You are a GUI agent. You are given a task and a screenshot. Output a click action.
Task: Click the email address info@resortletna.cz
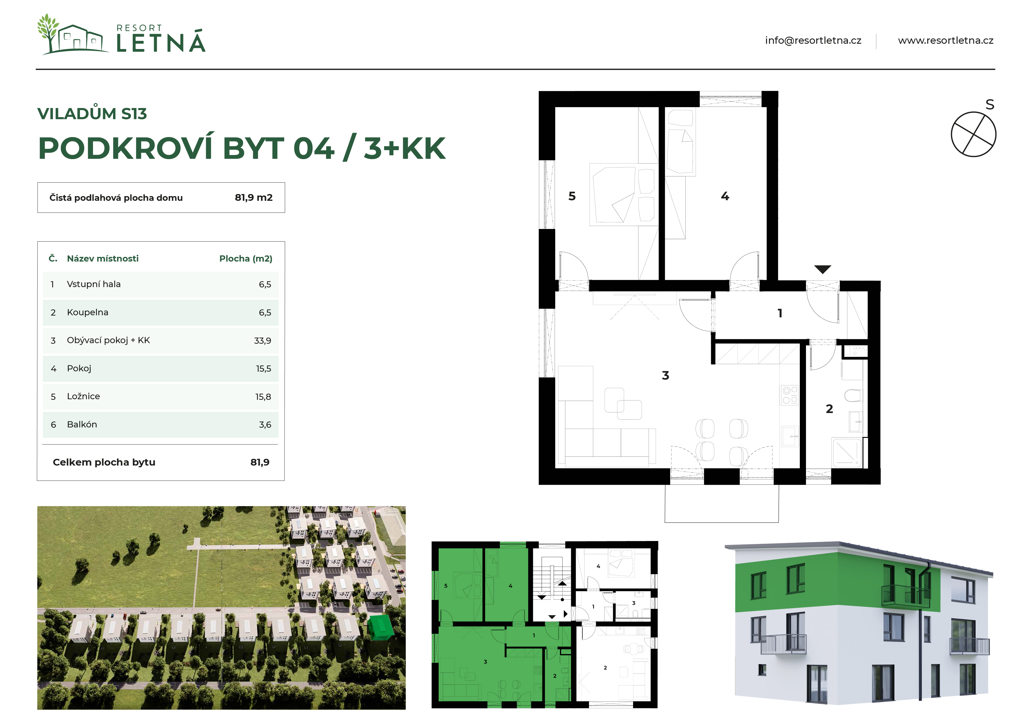[x=813, y=41]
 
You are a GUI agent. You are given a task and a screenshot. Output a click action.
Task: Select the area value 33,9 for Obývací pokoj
[x=262, y=341]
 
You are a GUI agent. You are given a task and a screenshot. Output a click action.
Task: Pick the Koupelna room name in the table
[x=87, y=312]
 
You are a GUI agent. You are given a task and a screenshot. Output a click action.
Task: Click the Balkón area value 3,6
[x=265, y=424]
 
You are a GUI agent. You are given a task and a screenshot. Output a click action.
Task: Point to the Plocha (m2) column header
[x=246, y=258]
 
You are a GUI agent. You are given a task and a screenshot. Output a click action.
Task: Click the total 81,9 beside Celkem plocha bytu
[x=260, y=462]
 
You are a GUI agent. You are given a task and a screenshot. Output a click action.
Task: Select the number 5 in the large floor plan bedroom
[x=572, y=196]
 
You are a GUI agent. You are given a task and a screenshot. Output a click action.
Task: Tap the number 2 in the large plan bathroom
[x=829, y=409]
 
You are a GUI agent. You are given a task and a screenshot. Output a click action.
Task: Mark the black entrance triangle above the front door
[x=823, y=269]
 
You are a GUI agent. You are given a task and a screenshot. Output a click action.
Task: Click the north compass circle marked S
[x=973, y=134]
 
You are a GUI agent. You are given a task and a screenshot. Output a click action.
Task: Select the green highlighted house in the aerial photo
[x=381, y=627]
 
